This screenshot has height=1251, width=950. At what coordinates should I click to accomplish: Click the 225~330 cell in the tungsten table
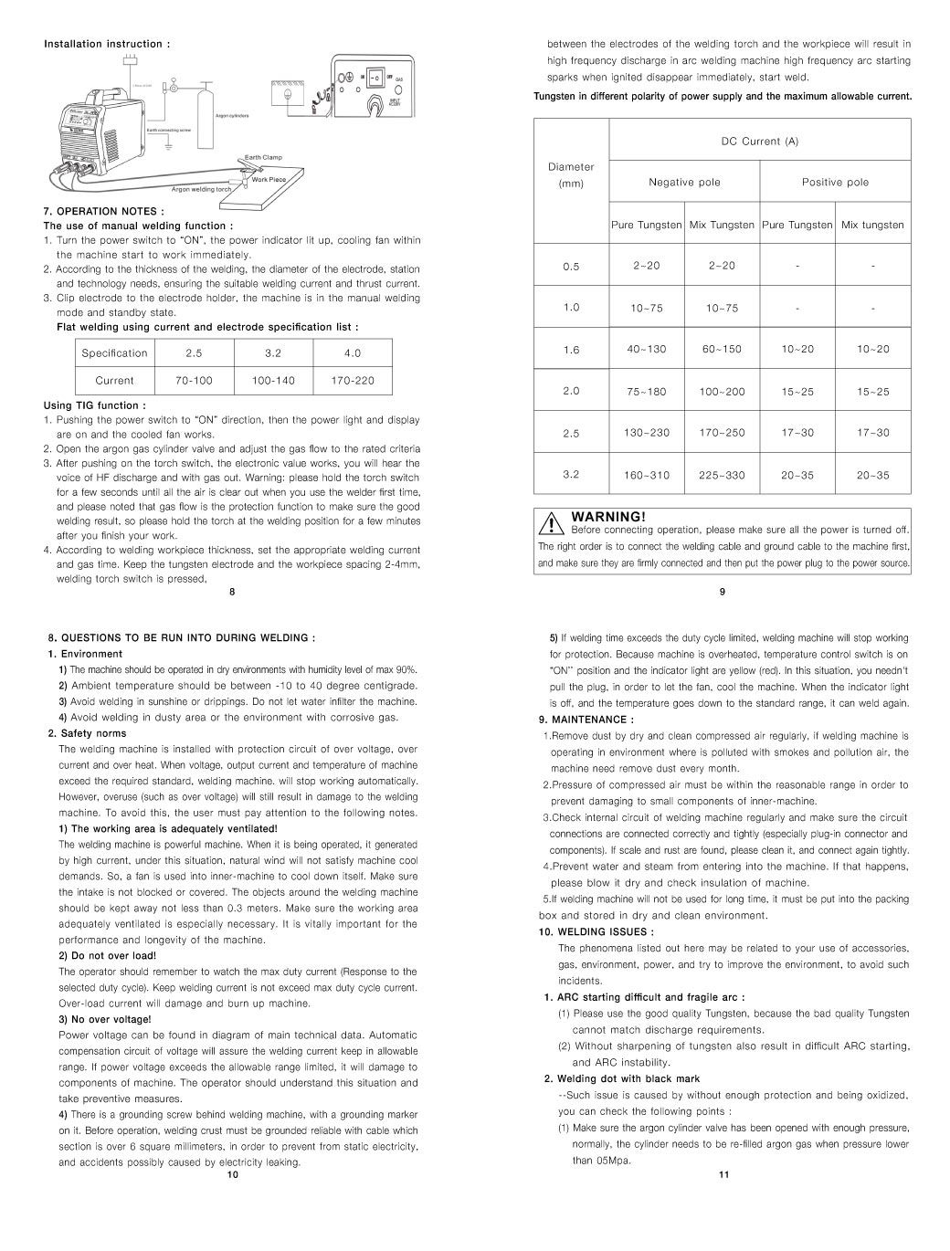pos(722,475)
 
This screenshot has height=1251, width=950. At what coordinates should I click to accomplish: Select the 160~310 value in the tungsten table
pos(646,475)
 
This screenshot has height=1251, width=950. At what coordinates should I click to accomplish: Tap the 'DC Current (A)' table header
pos(760,142)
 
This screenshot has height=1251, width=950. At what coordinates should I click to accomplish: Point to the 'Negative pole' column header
pos(684,182)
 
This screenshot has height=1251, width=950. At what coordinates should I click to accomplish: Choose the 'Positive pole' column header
pos(835,182)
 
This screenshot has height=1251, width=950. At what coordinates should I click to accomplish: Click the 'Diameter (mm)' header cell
pos(571,175)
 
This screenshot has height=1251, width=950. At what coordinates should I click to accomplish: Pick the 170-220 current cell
pos(353,381)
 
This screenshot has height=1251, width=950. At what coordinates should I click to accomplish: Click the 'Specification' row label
pos(114,353)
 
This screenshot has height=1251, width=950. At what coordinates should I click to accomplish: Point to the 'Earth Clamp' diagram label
pos(264,158)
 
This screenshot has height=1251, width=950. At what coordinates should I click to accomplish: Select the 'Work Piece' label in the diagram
pos(269,180)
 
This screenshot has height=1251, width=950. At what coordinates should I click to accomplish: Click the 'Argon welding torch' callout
pos(201,190)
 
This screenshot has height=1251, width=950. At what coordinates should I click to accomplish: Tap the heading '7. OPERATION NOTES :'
pos(104,212)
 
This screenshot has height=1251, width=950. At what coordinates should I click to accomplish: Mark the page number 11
pos(723,1175)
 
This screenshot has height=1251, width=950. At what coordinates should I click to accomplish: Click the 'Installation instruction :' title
pos(107,44)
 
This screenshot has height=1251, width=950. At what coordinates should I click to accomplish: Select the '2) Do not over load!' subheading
pos(108,956)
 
